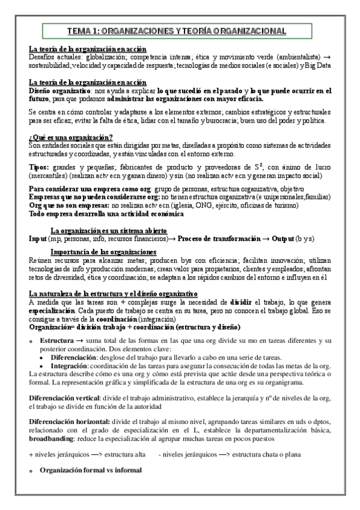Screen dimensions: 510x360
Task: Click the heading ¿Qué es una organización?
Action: [71, 138]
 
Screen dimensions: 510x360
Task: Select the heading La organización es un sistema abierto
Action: [109, 230]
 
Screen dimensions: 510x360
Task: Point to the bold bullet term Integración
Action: [71, 365]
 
